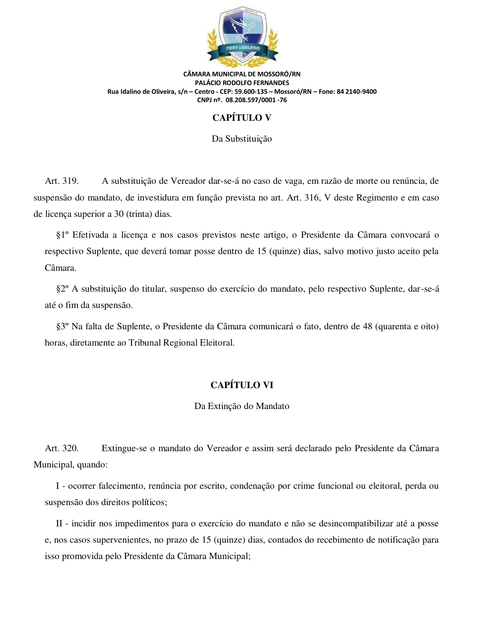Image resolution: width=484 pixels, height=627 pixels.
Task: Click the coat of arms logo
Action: coord(242,36)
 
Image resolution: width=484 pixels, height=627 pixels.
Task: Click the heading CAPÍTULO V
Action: coord(242,118)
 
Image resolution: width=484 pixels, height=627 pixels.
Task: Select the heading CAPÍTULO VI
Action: coord(242,385)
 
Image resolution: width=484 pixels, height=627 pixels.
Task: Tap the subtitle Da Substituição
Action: coord(242,139)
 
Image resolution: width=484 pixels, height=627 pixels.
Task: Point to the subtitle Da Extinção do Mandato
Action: coord(242,406)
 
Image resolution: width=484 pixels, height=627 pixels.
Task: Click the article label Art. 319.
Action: coord(61,181)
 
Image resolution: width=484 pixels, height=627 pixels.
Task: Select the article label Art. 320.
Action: coord(61,448)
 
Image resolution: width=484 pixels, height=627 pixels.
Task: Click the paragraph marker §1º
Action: coord(63,235)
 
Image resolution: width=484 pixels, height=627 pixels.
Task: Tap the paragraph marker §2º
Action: coord(63,289)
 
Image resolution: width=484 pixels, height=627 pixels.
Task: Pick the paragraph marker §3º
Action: coord(63,327)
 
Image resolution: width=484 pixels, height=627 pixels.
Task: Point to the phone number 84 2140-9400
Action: coord(356,92)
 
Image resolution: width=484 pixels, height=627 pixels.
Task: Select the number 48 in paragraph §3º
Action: coord(367,327)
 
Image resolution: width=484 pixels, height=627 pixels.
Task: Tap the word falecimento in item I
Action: coord(122,486)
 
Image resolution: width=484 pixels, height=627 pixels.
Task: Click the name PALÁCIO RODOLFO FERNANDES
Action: coord(242,83)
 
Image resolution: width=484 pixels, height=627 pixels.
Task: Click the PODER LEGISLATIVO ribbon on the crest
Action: coord(243,48)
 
